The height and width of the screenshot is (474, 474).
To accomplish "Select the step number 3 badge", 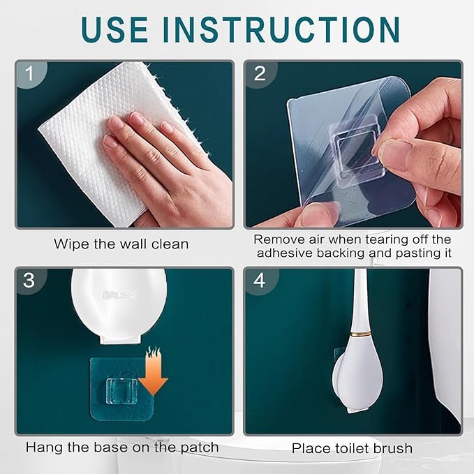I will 29,281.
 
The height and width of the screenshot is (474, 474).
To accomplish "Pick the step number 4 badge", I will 260,281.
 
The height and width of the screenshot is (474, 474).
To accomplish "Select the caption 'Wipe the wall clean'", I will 121,244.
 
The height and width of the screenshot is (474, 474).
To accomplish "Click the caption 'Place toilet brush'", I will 352,448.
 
